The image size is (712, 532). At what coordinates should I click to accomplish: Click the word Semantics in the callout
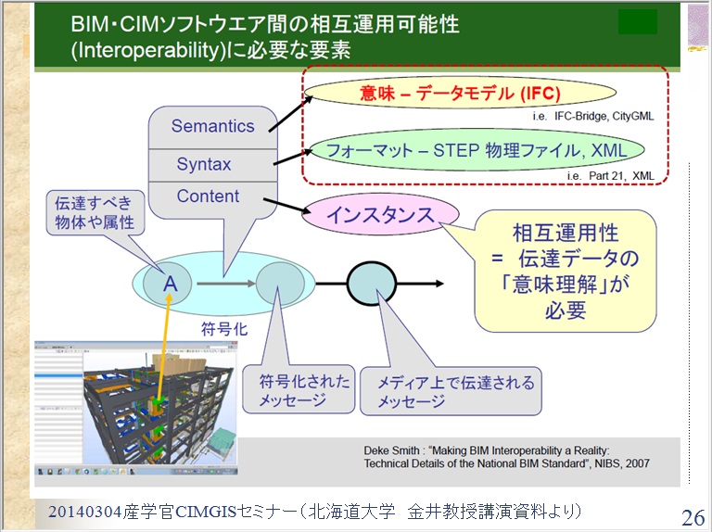(212, 126)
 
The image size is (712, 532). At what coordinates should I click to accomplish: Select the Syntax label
(204, 164)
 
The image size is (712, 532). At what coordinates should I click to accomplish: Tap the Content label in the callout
(208, 196)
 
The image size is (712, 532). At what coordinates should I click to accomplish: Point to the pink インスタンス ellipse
(380, 215)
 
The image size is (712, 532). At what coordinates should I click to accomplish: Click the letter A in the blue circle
(171, 284)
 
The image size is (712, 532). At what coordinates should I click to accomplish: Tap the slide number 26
(693, 517)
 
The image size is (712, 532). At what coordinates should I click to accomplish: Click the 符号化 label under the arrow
(221, 328)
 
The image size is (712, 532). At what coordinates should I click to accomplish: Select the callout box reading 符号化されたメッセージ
(297, 390)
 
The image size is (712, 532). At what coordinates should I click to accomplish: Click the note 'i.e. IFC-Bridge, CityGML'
(592, 118)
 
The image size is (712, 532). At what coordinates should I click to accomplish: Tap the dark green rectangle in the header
(637, 21)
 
